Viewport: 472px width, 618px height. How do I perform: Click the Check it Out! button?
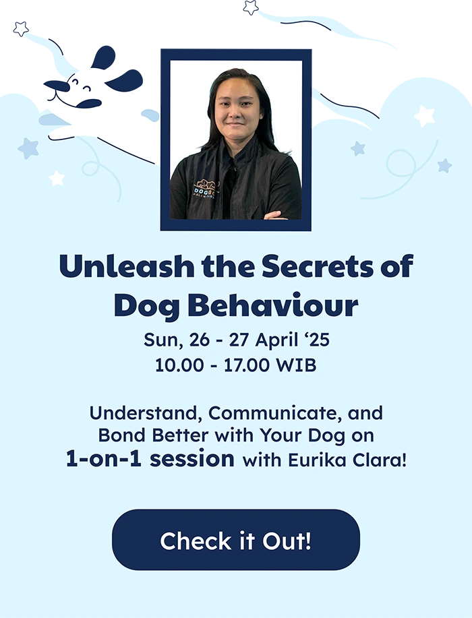click(236, 540)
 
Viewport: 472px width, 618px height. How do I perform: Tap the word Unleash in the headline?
click(127, 266)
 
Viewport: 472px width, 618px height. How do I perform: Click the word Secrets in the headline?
click(317, 266)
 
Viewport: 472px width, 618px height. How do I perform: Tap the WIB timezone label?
click(297, 365)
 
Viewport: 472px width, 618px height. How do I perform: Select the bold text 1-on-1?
click(103, 459)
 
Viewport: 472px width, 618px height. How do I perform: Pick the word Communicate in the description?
click(275, 413)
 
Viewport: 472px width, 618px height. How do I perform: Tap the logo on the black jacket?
click(206, 189)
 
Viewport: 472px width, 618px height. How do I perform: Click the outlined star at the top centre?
click(251, 7)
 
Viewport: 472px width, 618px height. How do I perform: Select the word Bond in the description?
click(122, 435)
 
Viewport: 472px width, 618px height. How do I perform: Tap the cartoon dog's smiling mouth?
click(72, 101)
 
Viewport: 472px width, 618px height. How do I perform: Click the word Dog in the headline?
click(147, 305)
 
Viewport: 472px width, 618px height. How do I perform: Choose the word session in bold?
click(192, 459)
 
